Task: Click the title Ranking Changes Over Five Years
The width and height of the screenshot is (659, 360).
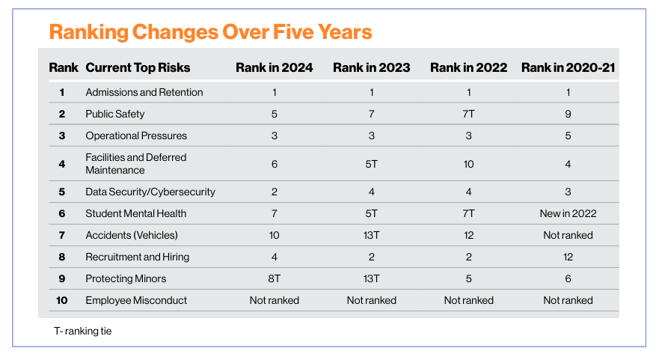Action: pos(210,32)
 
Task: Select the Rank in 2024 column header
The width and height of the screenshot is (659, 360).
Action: pos(274,67)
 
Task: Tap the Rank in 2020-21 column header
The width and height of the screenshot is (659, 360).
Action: pos(568,67)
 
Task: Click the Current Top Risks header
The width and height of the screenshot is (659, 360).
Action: pos(138,67)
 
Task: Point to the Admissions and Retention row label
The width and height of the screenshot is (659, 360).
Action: pos(144,92)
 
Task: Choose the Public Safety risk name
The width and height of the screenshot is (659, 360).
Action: pos(114,114)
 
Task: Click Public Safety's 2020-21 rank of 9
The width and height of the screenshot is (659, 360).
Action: pos(568,114)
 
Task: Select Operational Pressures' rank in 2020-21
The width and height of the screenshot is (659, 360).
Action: pos(568,135)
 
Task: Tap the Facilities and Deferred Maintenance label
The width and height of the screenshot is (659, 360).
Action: pos(135,164)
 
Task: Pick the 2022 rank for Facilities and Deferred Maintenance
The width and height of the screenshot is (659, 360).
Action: pos(468,164)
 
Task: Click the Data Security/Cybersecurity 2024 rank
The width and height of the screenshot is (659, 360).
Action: pos(274,192)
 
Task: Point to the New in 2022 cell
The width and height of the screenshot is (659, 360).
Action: pos(568,213)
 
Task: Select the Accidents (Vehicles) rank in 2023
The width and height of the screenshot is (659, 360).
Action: pos(372,235)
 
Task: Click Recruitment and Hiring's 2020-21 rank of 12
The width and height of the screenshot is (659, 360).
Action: pos(568,257)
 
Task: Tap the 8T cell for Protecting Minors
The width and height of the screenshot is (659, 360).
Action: pos(274,278)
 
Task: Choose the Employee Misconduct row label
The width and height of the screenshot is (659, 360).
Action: pos(136,300)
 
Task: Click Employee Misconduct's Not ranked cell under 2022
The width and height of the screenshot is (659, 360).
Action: pos(468,300)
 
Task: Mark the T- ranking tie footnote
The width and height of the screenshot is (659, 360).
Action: pos(83,331)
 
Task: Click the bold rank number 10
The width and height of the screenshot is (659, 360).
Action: pos(62,300)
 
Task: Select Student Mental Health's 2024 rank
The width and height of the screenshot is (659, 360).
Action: pos(274,213)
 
